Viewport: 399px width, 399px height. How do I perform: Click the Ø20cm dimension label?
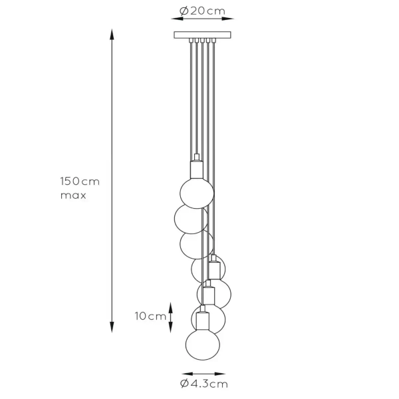pos(202,11)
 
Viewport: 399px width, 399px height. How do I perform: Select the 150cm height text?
pos(80,182)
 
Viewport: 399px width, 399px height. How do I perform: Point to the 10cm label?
pos(151,317)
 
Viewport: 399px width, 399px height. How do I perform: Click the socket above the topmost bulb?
pos(196,169)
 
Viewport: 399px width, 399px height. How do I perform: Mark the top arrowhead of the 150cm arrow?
pos(111,33)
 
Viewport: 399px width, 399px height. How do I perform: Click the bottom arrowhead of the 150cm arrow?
pos(111,325)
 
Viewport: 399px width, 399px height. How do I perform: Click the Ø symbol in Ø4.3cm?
pos(184,384)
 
